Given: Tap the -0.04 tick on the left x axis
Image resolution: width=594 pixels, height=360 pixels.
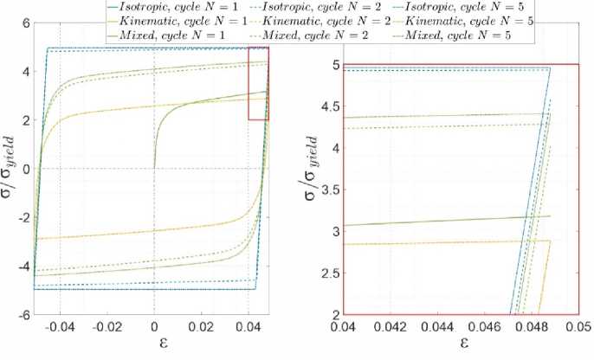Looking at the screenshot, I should click(x=58, y=328).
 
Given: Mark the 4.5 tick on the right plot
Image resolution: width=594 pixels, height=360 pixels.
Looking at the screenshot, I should click(x=329, y=106).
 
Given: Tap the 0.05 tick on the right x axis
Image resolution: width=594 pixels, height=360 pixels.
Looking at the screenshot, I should click(x=578, y=329).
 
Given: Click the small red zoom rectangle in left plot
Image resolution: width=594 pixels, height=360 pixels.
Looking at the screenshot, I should click(x=258, y=83).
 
